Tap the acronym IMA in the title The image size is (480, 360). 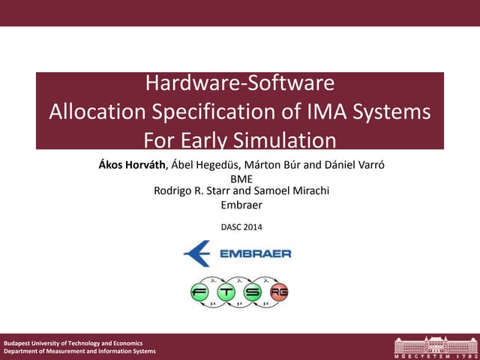coord(327,112)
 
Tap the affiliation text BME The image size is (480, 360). coord(241,179)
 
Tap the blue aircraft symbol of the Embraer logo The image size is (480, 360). coord(198,253)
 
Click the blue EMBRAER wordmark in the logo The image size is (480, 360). coord(256,254)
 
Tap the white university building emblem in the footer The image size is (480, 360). coord(434,345)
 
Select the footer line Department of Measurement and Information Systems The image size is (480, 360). coord(80,352)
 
